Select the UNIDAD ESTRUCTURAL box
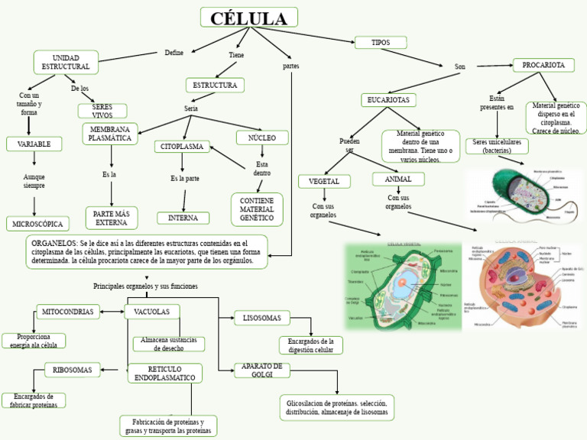[x=66, y=63]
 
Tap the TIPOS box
[x=381, y=43]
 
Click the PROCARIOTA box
[x=543, y=66]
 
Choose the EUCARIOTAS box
[x=388, y=100]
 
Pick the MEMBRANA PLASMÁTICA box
[x=110, y=134]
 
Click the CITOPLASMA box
[x=182, y=146]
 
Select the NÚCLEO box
[x=262, y=137]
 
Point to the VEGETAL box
[x=324, y=181]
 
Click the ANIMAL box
[x=398, y=180]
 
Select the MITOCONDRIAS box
[x=68, y=312]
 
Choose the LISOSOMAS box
[x=262, y=318]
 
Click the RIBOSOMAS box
[x=73, y=370]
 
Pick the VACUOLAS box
[x=152, y=312]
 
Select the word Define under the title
[x=174, y=53]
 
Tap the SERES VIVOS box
[x=102, y=111]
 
